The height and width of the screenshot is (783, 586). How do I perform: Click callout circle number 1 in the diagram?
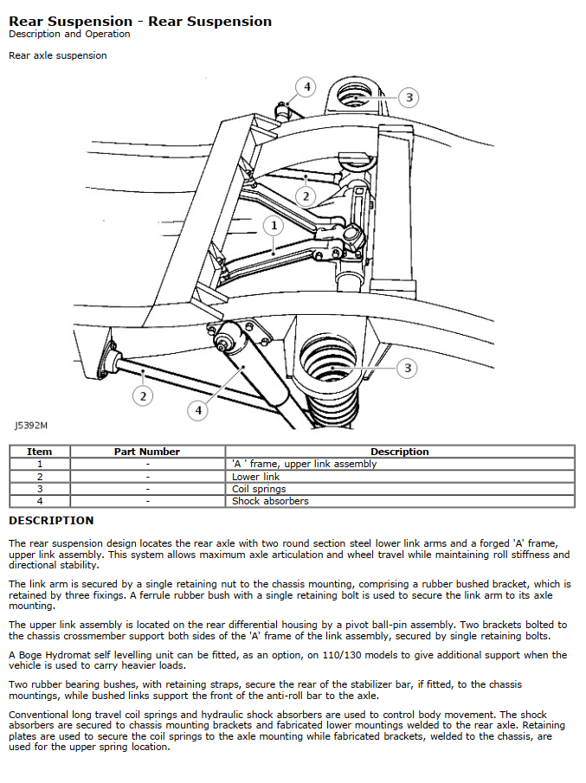coord(274,226)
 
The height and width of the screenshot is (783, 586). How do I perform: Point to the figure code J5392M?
coord(31,426)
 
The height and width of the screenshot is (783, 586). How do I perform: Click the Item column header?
coord(39,452)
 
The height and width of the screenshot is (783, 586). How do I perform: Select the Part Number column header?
coord(147,452)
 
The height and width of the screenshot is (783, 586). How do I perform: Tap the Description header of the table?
coord(399,452)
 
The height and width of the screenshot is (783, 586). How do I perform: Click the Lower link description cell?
coord(255,477)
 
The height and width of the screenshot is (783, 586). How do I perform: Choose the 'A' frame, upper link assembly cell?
coord(305,464)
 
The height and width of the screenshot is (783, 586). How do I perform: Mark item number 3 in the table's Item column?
coord(39,489)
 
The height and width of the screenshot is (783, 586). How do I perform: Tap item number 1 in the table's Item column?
coord(39,464)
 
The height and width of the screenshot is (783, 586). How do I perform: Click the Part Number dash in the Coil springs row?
coord(147,489)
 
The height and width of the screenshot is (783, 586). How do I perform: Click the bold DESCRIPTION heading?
coord(51,521)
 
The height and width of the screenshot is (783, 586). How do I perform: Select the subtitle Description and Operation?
coord(69,34)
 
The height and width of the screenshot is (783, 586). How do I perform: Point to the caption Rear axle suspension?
coord(57,55)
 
